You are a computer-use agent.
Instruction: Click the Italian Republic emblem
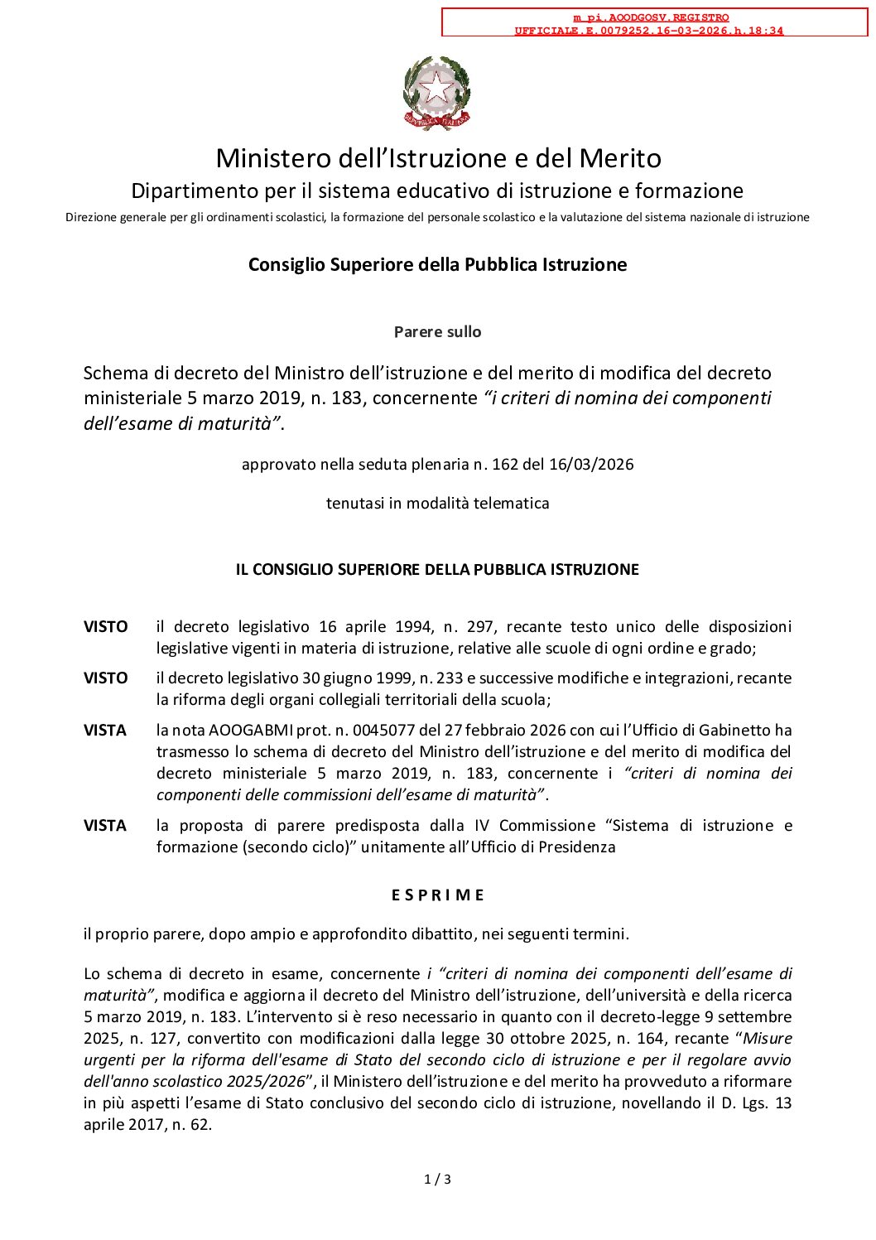[x=436, y=93]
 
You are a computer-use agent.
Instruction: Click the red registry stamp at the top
[x=654, y=23]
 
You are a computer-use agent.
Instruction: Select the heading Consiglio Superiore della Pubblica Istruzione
[x=437, y=264]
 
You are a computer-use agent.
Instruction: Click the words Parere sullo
[x=437, y=332]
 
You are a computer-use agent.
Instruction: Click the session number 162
[x=504, y=465]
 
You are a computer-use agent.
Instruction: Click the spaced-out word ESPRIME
[x=437, y=895]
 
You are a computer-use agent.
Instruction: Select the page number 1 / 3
[x=437, y=1180]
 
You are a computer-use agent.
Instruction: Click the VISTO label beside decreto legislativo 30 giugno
[x=105, y=678]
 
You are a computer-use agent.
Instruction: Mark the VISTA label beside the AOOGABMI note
[x=105, y=731]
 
